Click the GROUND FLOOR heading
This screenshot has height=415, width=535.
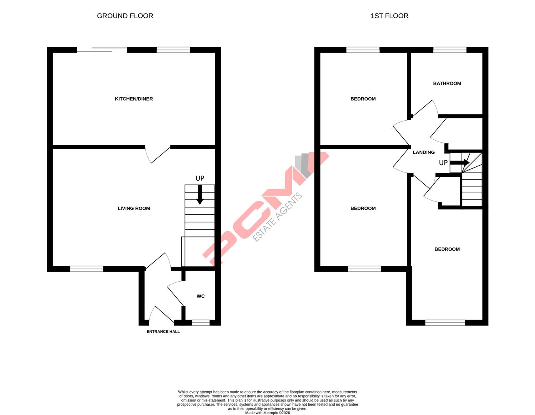pos(125,16)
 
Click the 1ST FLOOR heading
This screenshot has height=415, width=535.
pos(389,16)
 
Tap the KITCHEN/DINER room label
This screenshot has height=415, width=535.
pos(134,99)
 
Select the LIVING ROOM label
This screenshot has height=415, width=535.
pos(134,208)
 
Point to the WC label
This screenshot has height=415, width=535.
pos(201,296)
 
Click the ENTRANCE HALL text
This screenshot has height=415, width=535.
pos(163,332)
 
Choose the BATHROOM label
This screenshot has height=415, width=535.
pos(447,83)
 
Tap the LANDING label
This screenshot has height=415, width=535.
pos(424,152)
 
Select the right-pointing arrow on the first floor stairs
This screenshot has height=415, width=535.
pos(460,163)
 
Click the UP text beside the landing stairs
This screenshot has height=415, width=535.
pos(443,163)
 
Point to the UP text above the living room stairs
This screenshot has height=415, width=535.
pos(200,178)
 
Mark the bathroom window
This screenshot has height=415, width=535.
pos(450,50)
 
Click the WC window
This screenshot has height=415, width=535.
pos(201,323)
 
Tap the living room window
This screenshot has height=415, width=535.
pos(86,269)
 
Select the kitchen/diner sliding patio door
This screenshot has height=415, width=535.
pos(102,50)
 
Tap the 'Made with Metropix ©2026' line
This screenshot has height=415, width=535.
pos(267,413)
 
